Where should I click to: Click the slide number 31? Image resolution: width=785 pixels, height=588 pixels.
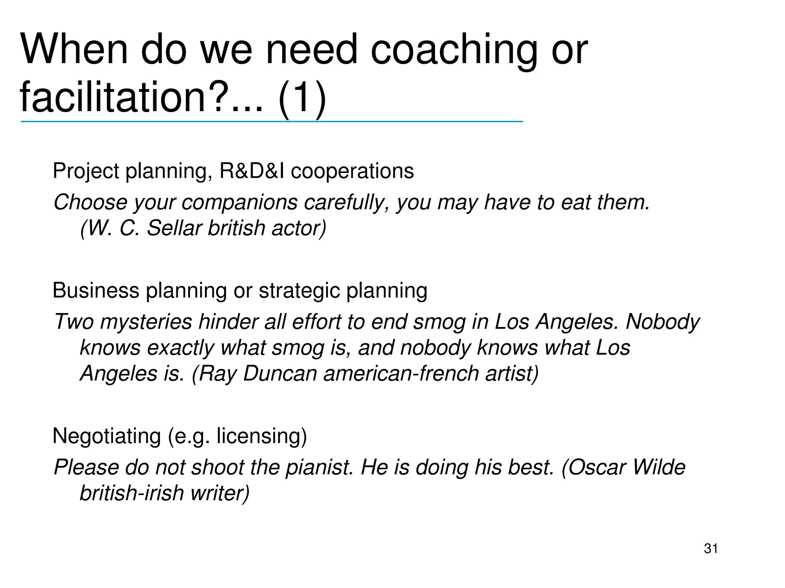711,549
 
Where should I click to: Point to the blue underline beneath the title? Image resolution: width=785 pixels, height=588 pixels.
271,121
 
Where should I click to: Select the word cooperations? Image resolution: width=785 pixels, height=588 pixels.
352,171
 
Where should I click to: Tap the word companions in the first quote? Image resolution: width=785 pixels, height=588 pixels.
239,203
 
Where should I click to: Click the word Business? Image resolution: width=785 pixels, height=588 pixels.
96,291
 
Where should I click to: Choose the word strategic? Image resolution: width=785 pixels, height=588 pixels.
299,291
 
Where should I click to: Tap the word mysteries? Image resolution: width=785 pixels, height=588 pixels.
146,322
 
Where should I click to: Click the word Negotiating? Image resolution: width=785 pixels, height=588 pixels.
107,436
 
